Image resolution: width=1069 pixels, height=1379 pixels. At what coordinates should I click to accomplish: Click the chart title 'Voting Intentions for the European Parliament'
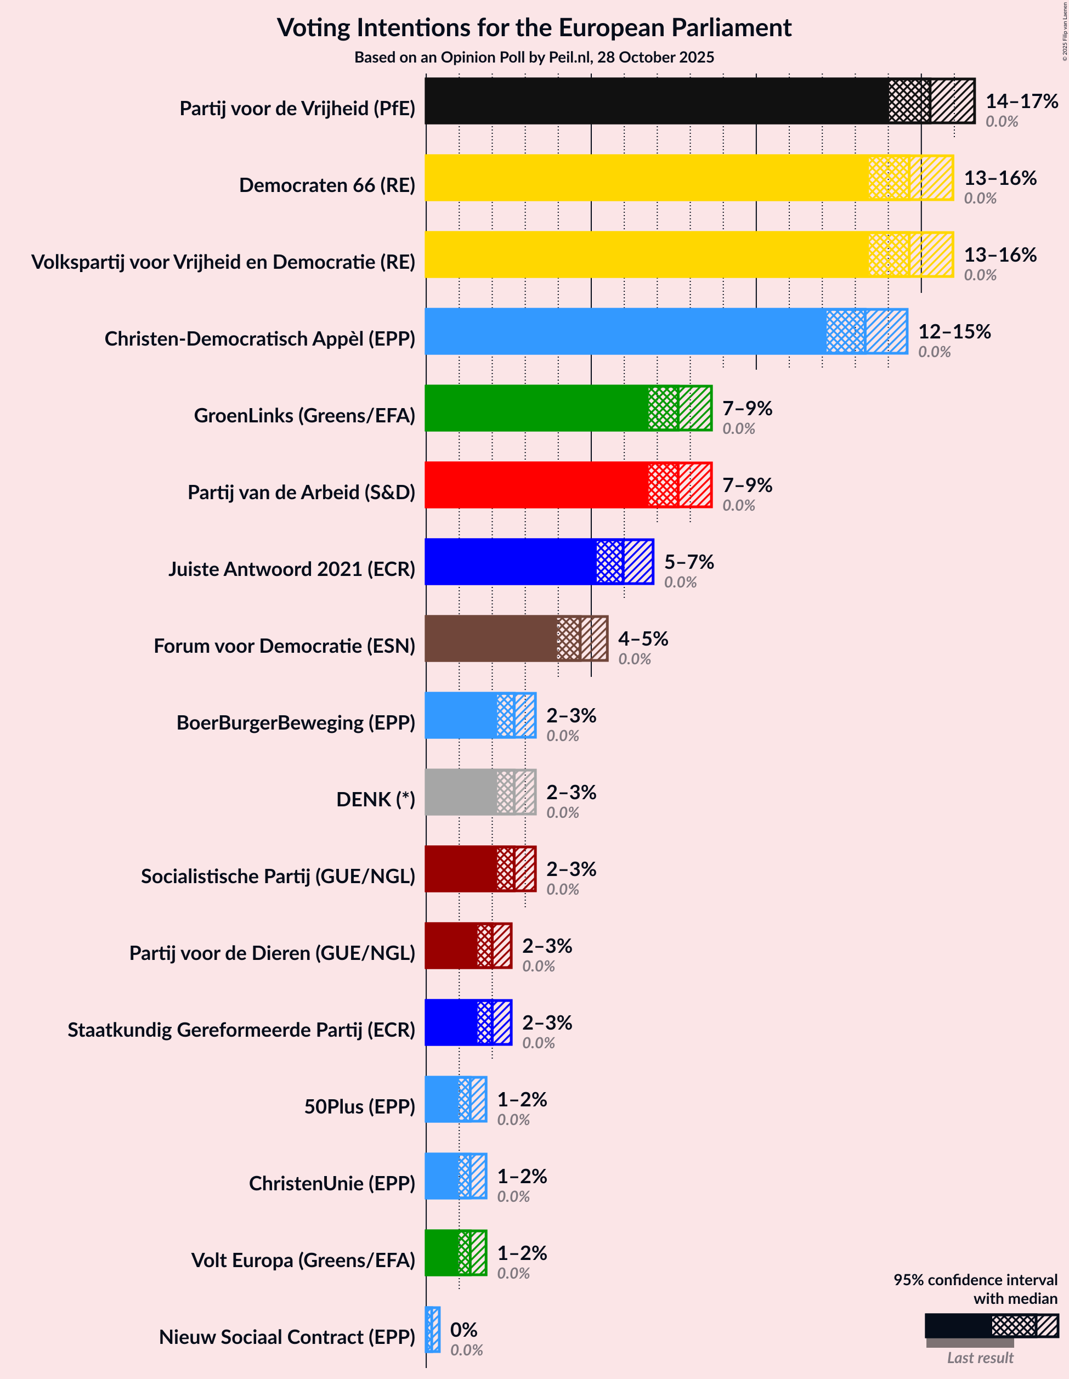pyautogui.click(x=534, y=28)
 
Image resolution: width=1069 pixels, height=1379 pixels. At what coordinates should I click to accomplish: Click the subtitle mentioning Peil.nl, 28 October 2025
pyautogui.click(x=534, y=58)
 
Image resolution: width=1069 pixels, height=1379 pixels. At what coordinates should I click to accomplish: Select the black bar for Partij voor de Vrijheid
pyautogui.click(x=657, y=101)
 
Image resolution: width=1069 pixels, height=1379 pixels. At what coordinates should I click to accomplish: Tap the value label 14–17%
pyautogui.click(x=1021, y=101)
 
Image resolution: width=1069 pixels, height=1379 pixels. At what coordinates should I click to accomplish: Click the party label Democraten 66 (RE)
pyautogui.click(x=326, y=185)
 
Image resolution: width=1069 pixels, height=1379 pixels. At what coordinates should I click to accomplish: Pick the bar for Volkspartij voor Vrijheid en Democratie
pyautogui.click(x=644, y=255)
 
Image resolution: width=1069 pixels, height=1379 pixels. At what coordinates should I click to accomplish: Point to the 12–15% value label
pyautogui.click(x=953, y=331)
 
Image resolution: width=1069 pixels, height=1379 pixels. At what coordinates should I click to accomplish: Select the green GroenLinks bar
pyautogui.click(x=537, y=409)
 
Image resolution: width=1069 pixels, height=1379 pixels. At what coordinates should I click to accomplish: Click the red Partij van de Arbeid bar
pyautogui.click(x=537, y=485)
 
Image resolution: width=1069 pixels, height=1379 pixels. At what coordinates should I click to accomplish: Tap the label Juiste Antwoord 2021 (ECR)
pyautogui.click(x=291, y=569)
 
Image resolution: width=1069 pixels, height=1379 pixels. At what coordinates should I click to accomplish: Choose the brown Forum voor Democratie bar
pyautogui.click(x=493, y=638)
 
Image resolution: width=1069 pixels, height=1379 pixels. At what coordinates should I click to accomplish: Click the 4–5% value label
pyautogui.click(x=642, y=638)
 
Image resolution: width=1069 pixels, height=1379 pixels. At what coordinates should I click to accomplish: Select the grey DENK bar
pyautogui.click(x=461, y=792)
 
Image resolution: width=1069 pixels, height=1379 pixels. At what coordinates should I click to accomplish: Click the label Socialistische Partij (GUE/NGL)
pyautogui.click(x=278, y=876)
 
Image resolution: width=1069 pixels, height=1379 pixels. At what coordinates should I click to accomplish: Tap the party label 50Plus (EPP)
pyautogui.click(x=359, y=1106)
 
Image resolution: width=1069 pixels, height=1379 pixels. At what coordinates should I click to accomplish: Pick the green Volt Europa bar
pyautogui.click(x=442, y=1253)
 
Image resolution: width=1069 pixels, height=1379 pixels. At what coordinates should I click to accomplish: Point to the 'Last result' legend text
pyautogui.click(x=980, y=1358)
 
